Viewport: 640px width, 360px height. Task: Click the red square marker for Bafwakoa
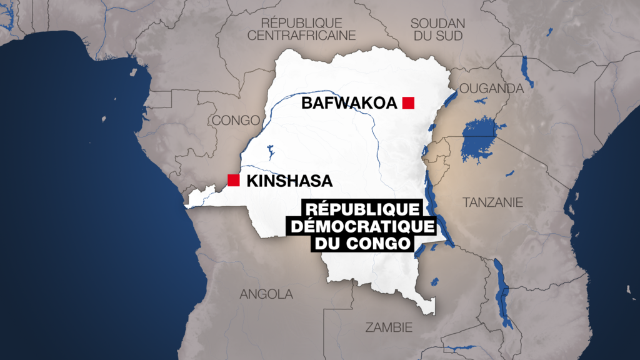(409, 103)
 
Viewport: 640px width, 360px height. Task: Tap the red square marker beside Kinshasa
(234, 181)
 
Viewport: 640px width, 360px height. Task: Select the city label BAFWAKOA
(349, 103)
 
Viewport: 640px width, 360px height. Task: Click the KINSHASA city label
(289, 181)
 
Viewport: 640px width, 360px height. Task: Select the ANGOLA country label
(266, 294)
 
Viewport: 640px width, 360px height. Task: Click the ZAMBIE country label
(389, 327)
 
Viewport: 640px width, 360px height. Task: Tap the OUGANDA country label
(491, 89)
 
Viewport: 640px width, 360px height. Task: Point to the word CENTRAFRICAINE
(301, 36)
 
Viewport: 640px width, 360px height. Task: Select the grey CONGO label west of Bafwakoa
(236, 120)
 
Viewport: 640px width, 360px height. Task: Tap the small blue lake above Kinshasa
(271, 152)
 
